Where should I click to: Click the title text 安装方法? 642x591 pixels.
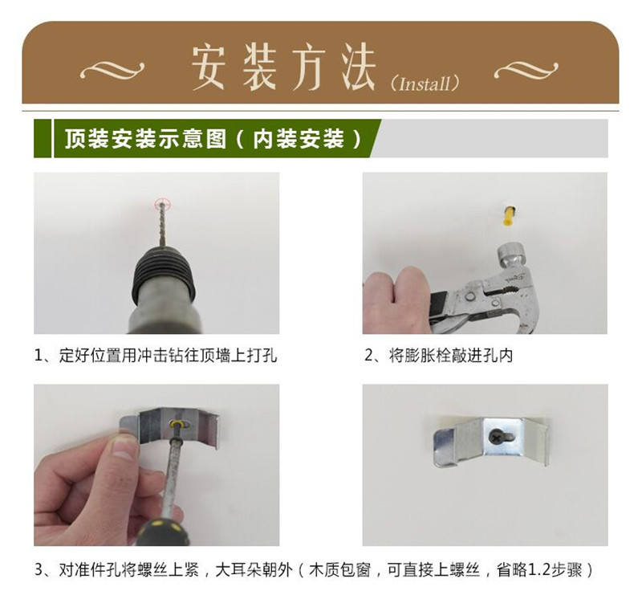(x=282, y=67)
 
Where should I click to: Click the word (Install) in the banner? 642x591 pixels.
(x=425, y=83)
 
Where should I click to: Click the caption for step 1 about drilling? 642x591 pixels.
(x=156, y=355)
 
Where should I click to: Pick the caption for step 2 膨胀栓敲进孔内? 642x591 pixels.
(x=439, y=355)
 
